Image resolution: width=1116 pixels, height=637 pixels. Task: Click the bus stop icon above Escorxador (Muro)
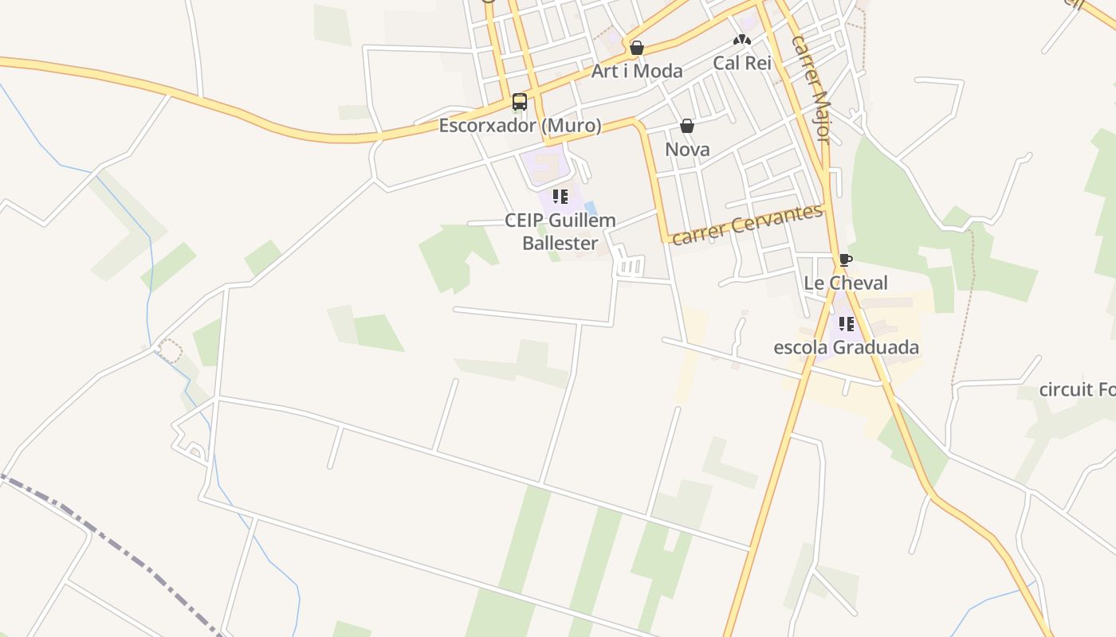(520, 102)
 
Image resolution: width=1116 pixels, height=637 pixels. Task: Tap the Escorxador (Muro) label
(520, 126)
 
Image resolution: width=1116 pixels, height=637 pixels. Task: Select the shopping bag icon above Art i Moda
(636, 48)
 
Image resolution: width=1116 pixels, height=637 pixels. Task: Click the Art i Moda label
(636, 71)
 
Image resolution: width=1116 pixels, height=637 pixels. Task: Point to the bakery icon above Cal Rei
(742, 40)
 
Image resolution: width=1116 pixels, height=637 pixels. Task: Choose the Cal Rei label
(742, 63)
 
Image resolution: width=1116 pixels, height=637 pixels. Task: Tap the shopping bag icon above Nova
(687, 126)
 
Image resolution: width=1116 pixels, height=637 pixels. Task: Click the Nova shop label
(687, 150)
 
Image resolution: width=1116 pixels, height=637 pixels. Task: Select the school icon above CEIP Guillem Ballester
(560, 196)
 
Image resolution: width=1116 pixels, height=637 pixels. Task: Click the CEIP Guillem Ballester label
(560, 231)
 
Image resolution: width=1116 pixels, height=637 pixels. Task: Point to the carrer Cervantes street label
(747, 225)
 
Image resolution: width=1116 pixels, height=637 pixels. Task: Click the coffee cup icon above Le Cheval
(845, 260)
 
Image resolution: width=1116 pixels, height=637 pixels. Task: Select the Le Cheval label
(845, 283)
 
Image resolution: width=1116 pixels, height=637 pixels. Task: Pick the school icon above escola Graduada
(846, 324)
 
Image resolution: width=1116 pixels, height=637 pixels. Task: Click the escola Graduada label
(846, 347)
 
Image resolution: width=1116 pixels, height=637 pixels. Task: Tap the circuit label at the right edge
(1076, 389)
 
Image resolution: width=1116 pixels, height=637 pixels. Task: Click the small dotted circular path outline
(170, 350)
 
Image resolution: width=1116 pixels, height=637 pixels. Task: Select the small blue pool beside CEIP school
(590, 208)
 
